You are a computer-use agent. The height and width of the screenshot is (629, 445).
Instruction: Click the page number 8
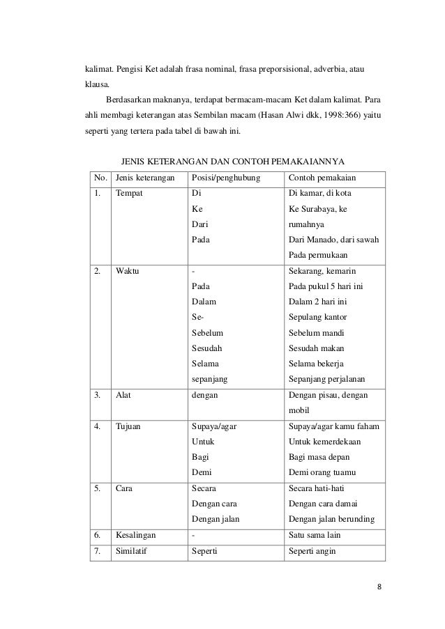(x=379, y=586)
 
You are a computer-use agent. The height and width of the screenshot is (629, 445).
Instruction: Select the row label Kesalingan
(x=136, y=536)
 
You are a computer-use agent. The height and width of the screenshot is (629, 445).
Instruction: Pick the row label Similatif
(x=133, y=552)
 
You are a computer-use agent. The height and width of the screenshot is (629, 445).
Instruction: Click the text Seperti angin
(x=312, y=552)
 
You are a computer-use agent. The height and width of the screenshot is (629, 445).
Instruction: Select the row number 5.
(x=99, y=488)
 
